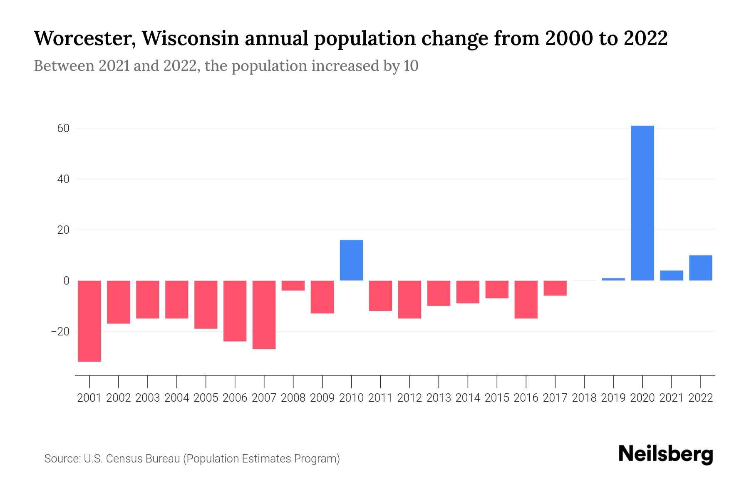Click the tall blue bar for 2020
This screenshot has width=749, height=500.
coord(642,203)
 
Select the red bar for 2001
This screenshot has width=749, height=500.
coord(89,321)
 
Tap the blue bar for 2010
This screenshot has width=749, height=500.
coord(351,260)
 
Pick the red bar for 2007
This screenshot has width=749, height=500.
coord(264,315)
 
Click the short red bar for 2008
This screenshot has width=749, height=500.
coord(293,285)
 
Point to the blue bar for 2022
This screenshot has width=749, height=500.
coord(700,268)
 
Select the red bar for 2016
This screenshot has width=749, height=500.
coord(526,299)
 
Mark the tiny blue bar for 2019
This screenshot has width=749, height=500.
coord(613,279)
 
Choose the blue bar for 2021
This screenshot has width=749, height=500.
coord(671,275)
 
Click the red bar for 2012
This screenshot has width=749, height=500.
coord(409,299)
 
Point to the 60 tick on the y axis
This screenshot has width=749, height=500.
coord(63,128)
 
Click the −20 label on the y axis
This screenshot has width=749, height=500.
coord(60,332)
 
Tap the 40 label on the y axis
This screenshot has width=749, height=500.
coord(63,179)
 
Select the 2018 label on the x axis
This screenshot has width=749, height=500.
coord(584,398)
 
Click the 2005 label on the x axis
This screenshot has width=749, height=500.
coord(206,398)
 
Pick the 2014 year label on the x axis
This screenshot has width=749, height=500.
coord(468,398)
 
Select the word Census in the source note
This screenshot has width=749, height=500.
coord(122,459)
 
